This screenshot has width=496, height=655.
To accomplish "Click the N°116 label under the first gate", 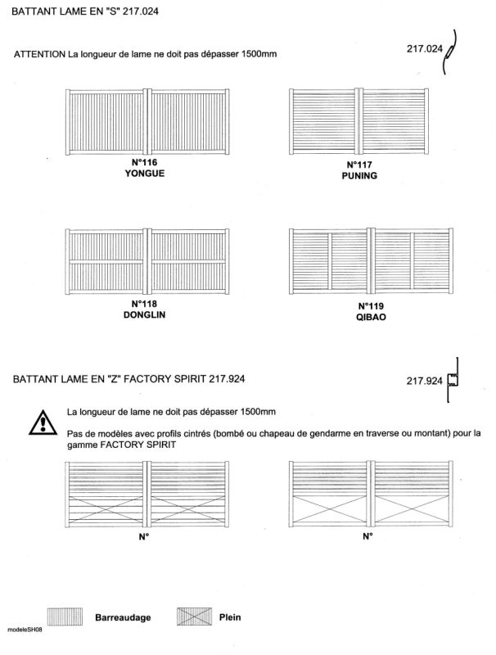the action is pyautogui.click(x=144, y=162).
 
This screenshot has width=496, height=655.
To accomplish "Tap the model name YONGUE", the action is pyautogui.click(x=144, y=174).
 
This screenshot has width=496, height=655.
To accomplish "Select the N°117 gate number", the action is pyautogui.click(x=359, y=165).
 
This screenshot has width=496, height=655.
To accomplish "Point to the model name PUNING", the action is pyautogui.click(x=359, y=176).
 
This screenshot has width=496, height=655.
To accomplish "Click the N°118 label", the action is pyautogui.click(x=144, y=304).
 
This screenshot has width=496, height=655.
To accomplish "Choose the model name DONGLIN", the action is pyautogui.click(x=144, y=314).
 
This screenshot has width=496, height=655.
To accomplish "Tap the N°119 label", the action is pyautogui.click(x=371, y=306).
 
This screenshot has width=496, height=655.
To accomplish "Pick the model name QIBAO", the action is pyautogui.click(x=371, y=317).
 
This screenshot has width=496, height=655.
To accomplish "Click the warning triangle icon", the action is pyautogui.click(x=43, y=422).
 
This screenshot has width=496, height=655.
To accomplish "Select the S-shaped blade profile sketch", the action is pyautogui.click(x=449, y=52).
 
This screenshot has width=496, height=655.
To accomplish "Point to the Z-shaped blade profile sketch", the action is pyautogui.click(x=453, y=380).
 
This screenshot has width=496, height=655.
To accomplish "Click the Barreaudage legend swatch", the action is pyautogui.click(x=65, y=617).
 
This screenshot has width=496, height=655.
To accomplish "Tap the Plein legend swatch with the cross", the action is pyautogui.click(x=194, y=617).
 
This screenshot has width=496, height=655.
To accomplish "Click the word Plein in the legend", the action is pyautogui.click(x=230, y=617).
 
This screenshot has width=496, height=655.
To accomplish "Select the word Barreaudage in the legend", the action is pyautogui.click(x=123, y=617).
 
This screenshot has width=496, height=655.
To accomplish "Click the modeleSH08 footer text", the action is pyautogui.click(x=25, y=630).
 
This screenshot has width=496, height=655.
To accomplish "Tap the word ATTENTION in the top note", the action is pyautogui.click(x=39, y=54).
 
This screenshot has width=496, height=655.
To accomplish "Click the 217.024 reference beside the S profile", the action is pyautogui.click(x=425, y=49).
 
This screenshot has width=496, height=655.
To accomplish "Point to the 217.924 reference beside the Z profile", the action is pyautogui.click(x=424, y=381).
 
